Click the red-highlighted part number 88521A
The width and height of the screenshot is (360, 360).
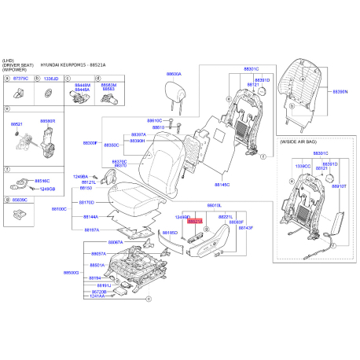tap(195, 222)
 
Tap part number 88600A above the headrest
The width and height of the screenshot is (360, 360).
tap(173, 74)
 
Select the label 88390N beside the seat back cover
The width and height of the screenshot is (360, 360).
tap(340, 92)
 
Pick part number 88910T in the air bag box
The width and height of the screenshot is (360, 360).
tap(339, 186)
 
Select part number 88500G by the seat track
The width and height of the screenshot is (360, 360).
tap(71, 272)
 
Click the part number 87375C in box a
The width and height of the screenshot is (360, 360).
tap(20, 79)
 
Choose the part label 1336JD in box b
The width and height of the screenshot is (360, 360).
tap(50, 79)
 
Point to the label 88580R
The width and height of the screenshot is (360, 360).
tap(47, 122)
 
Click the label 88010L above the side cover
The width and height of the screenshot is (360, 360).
tap(215, 205)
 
